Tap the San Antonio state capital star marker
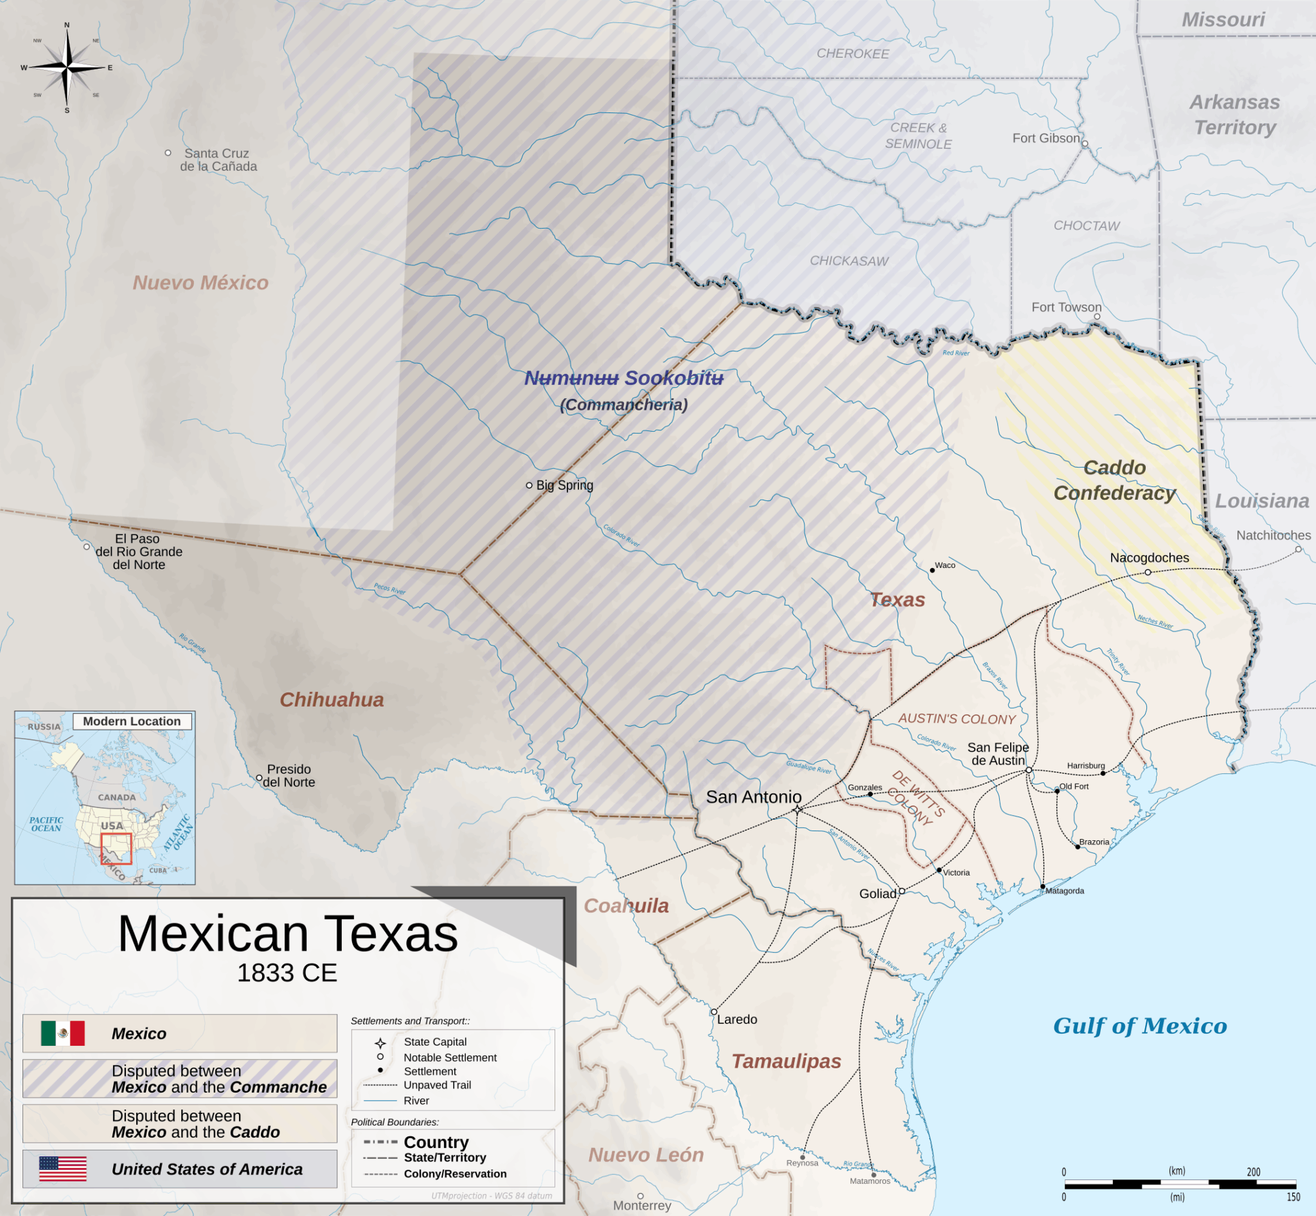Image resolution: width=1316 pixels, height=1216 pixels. click(x=797, y=809)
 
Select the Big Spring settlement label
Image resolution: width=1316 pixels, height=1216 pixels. click(x=564, y=485)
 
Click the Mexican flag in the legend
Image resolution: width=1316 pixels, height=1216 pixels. click(x=62, y=1033)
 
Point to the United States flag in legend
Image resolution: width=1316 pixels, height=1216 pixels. click(x=62, y=1168)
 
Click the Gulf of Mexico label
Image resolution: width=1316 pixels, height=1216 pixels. click(x=1139, y=1025)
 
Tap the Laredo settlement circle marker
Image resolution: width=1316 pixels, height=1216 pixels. click(x=714, y=1012)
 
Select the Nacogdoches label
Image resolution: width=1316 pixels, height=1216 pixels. click(x=1149, y=558)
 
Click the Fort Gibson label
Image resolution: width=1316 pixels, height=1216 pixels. click(x=1045, y=138)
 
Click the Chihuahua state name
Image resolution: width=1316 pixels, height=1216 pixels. click(x=331, y=700)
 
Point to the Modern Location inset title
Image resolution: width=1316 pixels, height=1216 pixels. click(x=132, y=721)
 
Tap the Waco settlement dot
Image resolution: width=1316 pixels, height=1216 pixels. click(x=932, y=570)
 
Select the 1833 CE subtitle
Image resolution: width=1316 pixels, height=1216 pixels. click(x=287, y=973)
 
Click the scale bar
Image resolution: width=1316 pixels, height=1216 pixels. click(x=1179, y=1184)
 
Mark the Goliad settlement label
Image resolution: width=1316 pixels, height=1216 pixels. click(x=877, y=894)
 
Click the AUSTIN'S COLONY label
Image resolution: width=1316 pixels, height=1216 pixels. click(x=957, y=719)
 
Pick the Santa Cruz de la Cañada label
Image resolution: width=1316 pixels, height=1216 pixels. click(x=218, y=160)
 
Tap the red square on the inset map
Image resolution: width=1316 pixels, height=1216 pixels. click(x=116, y=848)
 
